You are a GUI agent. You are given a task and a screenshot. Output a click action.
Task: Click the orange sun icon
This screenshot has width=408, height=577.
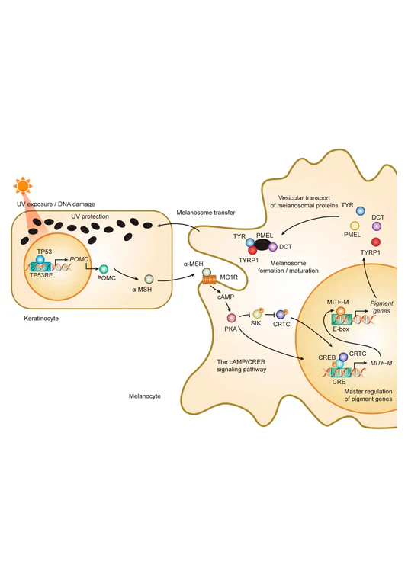coord(23,186)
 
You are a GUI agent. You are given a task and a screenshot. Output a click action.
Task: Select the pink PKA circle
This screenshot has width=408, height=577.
coord(231,317)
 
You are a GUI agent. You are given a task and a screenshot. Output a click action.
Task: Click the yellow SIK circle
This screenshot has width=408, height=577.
coord(257,313)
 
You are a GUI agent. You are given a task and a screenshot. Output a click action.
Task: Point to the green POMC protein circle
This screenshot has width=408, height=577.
coord(104,269)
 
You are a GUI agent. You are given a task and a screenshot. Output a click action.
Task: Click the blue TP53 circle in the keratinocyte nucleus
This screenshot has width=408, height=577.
coord(40,259)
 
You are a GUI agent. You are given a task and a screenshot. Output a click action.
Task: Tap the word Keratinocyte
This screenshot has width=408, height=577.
coord(41,319)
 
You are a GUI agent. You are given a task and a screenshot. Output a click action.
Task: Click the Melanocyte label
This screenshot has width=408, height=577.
coord(145,396)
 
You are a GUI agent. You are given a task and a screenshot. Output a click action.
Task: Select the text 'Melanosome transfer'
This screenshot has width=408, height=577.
coord(205,213)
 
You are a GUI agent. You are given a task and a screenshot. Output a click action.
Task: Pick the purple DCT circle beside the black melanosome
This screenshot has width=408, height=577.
coord(272,247)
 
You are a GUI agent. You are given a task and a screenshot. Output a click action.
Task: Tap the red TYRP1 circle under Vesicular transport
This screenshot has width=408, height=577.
coord(376,242)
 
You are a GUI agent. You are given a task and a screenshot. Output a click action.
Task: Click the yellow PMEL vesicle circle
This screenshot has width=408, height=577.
coord(355,226)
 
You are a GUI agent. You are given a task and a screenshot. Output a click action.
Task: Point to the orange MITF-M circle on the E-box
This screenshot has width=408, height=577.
coord(341,311)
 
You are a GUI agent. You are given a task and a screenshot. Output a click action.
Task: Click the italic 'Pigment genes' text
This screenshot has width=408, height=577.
coord(381,307)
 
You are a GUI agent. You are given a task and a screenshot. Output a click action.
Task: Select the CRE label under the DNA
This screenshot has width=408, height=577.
coord(339,382)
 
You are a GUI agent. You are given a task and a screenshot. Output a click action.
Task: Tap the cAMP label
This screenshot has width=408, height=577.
coord(226,297)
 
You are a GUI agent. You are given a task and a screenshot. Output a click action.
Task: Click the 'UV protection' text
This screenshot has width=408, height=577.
coord(90,216)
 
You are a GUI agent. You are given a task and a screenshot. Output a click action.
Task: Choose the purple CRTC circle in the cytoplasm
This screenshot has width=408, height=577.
coord(281,315)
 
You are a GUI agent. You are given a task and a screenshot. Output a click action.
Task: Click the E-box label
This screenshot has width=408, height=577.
coord(341,329)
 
